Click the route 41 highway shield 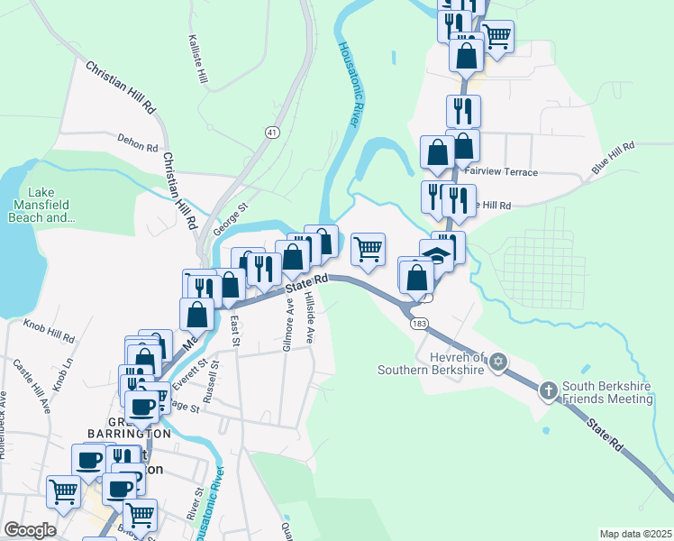pos(271,133)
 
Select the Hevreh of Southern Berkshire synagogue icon pos(497,363)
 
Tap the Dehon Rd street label pos(138,142)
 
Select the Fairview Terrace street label pos(501,172)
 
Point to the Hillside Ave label pos(309,316)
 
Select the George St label pos(230,217)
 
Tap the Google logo pos(30,530)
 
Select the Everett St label pos(189,373)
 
